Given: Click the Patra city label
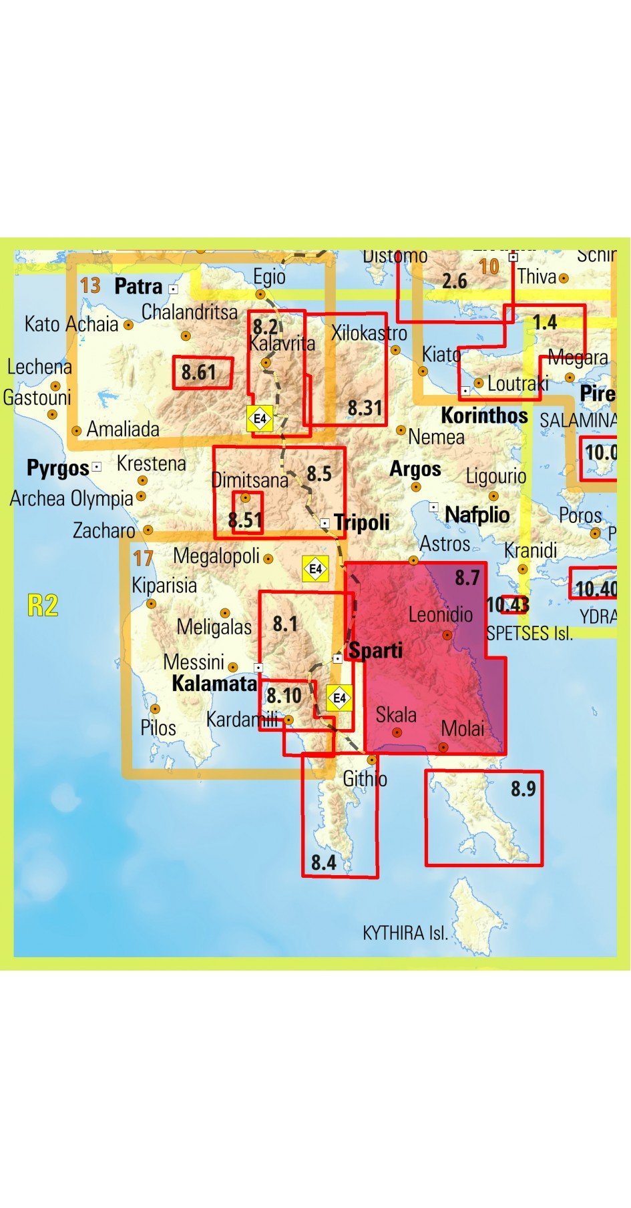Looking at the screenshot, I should (x=138, y=287).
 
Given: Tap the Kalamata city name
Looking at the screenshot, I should (x=214, y=684).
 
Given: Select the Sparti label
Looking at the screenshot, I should (x=376, y=650).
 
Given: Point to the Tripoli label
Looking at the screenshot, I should (x=362, y=522).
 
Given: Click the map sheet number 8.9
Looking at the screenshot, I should (x=523, y=789).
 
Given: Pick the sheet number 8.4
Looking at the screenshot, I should (x=323, y=862).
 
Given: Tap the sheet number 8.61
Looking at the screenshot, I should (x=198, y=372).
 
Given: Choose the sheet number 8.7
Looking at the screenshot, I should (x=467, y=577).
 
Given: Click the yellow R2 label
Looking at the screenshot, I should (x=43, y=605).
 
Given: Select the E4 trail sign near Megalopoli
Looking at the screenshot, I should (x=315, y=569).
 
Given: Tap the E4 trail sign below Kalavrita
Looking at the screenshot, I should (x=260, y=419).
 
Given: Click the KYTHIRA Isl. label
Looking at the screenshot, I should (x=405, y=933).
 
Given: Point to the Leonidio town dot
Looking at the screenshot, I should (x=447, y=635).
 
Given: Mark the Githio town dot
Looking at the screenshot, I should (x=372, y=760).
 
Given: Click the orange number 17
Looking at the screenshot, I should (x=143, y=558).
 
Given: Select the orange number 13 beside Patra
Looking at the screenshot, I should (x=90, y=285).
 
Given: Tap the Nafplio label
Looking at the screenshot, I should (x=477, y=515).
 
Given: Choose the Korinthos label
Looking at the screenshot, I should (x=484, y=416).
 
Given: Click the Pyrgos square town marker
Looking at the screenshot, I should (x=97, y=467).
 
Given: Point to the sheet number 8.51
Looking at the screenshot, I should (x=244, y=520).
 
